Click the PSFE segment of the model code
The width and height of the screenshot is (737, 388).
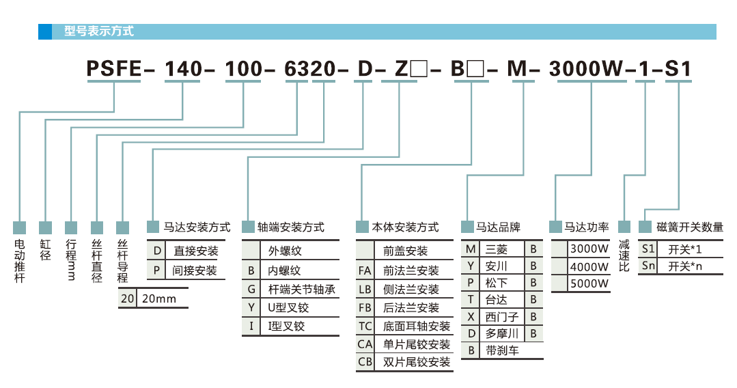(x=113, y=68)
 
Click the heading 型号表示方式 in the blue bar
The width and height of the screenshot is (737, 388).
(x=99, y=31)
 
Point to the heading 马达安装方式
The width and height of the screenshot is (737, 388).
(x=197, y=227)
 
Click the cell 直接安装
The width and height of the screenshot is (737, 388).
(x=196, y=251)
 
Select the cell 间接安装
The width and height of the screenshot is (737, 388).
(x=196, y=271)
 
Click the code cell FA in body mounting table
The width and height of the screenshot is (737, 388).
(x=365, y=271)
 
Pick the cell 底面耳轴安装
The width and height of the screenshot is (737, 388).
(x=416, y=327)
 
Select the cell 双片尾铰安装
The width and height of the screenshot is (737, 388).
(x=416, y=362)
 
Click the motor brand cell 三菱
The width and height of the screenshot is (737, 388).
(x=497, y=249)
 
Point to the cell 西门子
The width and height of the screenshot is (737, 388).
(x=502, y=317)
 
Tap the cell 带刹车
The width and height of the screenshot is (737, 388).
(x=502, y=351)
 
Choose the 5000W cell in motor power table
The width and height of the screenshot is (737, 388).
(x=589, y=283)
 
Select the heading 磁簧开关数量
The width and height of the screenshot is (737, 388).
(x=689, y=227)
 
